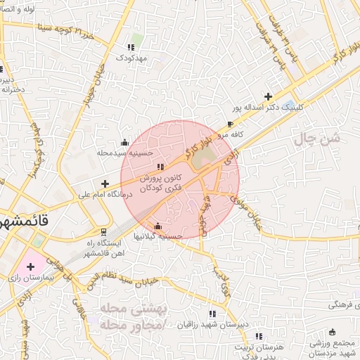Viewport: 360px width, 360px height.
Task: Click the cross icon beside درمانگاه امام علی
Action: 105,184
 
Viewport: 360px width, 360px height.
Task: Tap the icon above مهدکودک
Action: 131,46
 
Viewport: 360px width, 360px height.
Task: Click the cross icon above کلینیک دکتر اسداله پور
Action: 267,96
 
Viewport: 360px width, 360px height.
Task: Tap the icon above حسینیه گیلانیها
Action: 157,226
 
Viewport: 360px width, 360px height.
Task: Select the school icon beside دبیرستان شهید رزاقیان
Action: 212,314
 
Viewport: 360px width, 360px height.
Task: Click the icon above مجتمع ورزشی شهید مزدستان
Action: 332,332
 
